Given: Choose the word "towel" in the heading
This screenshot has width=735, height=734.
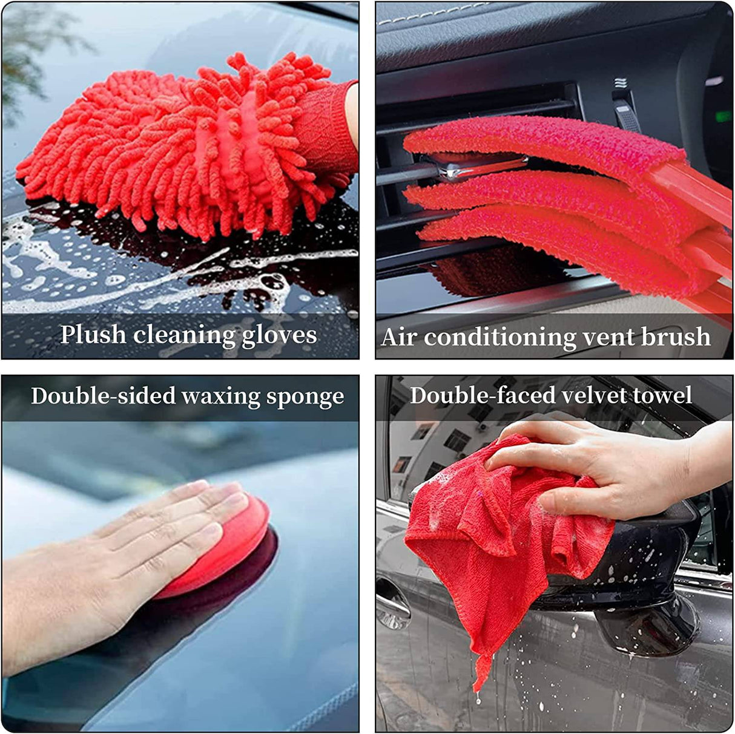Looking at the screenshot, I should coord(662,395).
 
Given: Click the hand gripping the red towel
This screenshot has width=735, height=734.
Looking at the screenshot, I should coord(605,466).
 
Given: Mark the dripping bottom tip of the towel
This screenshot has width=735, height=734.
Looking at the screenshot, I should coord(478,681).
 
